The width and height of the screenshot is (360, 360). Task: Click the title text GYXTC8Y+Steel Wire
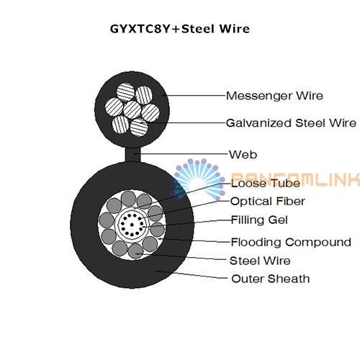(x=180, y=29)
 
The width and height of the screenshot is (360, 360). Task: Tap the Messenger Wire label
(x=274, y=96)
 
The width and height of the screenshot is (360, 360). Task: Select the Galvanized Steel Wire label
(x=291, y=123)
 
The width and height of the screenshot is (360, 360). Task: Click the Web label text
(x=243, y=155)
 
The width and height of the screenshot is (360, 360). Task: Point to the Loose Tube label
(x=266, y=184)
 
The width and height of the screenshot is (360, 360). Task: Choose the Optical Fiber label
(x=268, y=202)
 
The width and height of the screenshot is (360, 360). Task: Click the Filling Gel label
(x=259, y=220)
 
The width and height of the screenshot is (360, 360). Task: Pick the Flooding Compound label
(x=291, y=242)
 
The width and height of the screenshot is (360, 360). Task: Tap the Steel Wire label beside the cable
(x=260, y=261)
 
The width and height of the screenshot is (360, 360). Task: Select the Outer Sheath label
(x=271, y=279)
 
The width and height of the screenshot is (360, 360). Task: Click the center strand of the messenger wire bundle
(x=132, y=109)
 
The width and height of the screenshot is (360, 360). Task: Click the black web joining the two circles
(x=132, y=154)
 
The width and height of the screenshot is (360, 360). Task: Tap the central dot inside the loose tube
(x=132, y=225)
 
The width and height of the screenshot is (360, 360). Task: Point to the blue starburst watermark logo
(x=197, y=179)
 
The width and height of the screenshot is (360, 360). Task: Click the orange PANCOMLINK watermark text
(x=296, y=179)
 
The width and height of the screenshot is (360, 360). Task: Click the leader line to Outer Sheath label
(x=192, y=275)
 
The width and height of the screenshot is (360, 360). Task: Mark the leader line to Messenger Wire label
(x=194, y=95)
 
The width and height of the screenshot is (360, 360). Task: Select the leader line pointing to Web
(x=181, y=154)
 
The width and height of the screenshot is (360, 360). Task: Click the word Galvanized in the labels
(x=259, y=123)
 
